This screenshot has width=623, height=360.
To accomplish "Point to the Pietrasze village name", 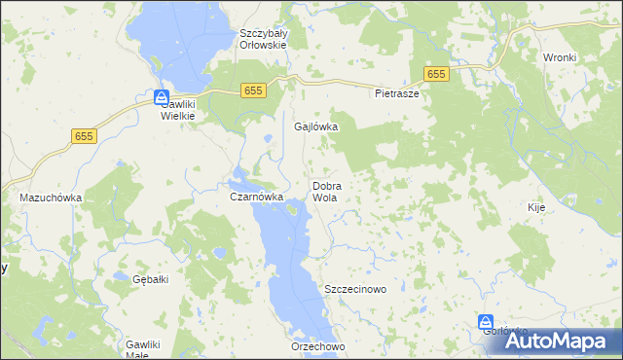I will tap(396, 94).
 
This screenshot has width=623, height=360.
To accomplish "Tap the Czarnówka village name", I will tap(256, 197).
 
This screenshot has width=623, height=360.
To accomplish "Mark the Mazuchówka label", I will tap(51, 198).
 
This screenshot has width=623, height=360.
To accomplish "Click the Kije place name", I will tap(535, 207).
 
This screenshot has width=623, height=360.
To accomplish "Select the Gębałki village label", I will tap(151, 279).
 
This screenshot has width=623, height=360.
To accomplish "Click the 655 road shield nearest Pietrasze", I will tap(436, 74).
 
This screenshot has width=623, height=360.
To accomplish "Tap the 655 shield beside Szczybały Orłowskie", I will tap(253, 90).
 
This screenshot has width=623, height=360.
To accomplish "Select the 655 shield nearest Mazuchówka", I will tap(84, 138).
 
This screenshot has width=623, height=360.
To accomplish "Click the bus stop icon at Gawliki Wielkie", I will tap(161, 96).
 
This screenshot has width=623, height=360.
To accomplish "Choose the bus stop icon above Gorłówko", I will tap(486, 321).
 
